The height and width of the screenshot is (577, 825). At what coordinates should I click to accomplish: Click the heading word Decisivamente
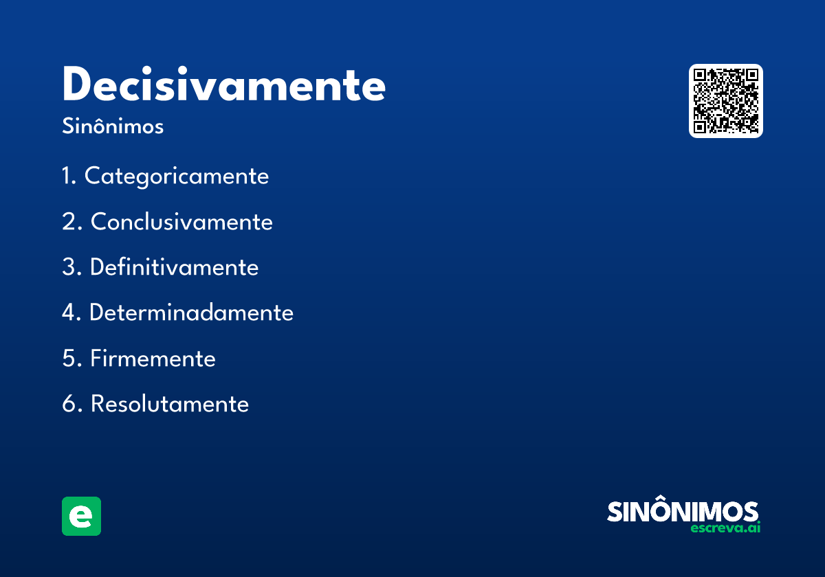223,85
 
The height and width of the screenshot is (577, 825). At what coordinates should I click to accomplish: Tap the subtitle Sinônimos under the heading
113,127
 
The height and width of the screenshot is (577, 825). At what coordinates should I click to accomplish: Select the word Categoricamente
177,177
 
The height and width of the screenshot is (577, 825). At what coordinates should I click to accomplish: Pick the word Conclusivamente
181,222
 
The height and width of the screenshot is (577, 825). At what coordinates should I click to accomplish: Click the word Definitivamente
174,267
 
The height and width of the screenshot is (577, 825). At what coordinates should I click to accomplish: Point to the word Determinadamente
191,313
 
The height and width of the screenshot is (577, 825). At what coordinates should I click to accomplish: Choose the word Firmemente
153,359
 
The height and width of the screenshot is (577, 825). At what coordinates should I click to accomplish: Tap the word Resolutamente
169,404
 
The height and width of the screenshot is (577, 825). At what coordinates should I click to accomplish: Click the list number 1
67,177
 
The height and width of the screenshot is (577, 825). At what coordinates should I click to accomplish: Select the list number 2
70,222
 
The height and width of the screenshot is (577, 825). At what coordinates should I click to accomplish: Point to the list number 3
70,267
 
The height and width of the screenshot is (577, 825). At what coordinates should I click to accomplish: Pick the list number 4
70,313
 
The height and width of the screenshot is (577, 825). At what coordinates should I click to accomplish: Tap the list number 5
70,359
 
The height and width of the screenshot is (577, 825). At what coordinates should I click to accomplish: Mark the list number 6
70,404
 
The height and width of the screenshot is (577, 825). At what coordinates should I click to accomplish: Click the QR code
726,101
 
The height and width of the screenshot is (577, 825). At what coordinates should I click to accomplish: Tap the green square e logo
81,516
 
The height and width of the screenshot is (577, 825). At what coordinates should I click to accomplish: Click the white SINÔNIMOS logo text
683,512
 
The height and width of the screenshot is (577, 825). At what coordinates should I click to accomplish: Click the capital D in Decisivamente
78,85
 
